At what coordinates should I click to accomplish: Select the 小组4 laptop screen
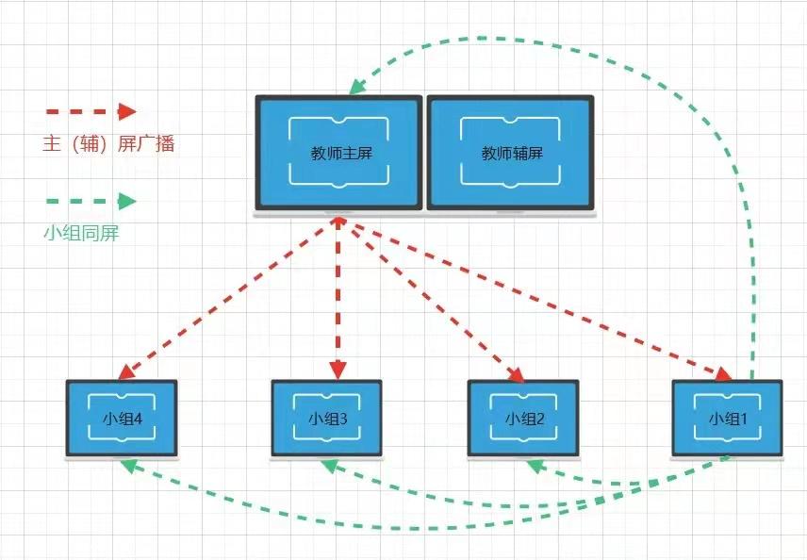[x=122, y=419]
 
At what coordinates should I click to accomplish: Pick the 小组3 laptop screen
[x=327, y=419]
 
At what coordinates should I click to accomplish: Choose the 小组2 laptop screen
[x=524, y=419]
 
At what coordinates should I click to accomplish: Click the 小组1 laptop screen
[x=727, y=419]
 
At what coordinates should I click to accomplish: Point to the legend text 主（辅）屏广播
[x=108, y=144]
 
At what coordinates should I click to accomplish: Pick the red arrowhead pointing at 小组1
[x=724, y=375]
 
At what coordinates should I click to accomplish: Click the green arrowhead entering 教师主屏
[x=356, y=87]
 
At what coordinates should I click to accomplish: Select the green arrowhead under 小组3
[x=329, y=465]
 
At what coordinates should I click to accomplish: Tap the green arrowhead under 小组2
[x=535, y=465]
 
